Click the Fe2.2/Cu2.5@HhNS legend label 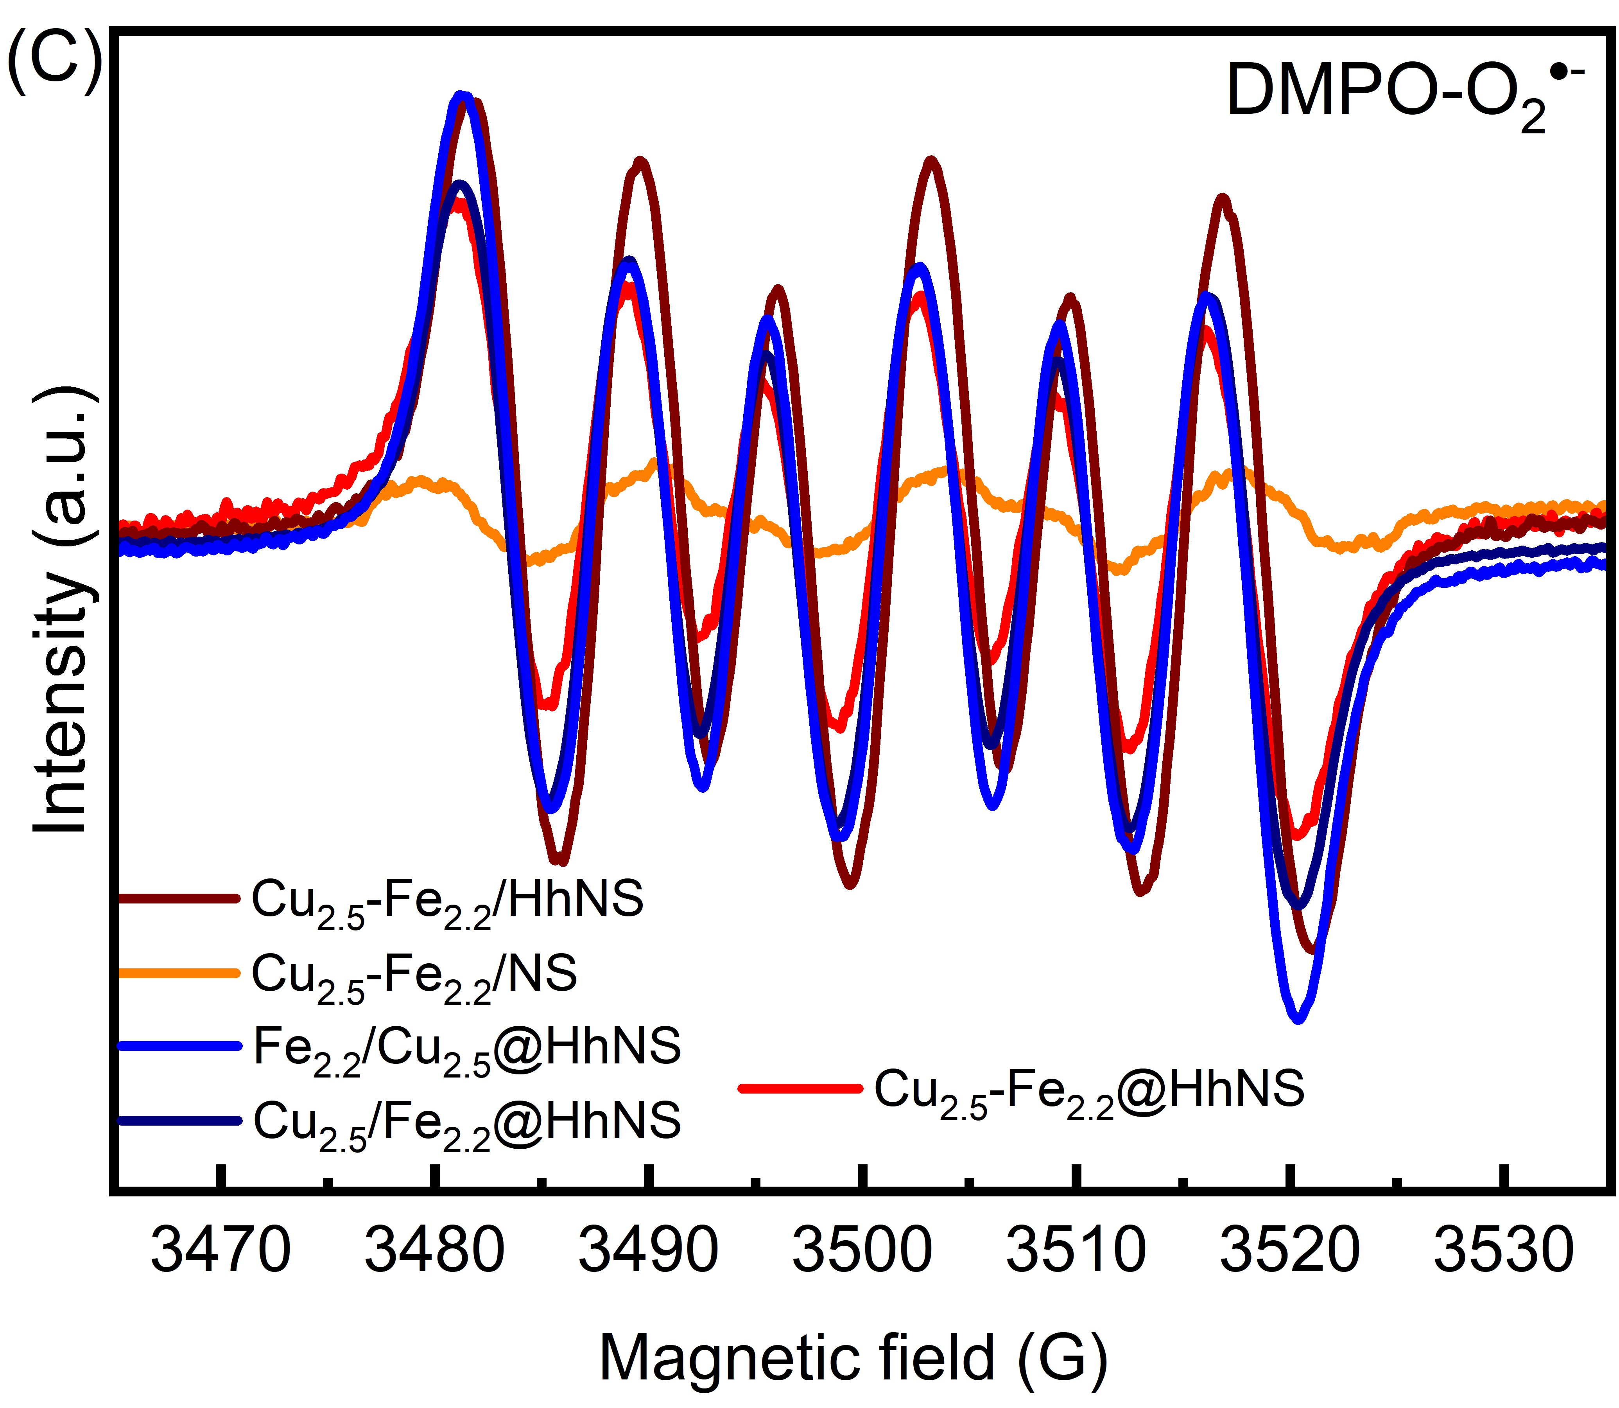click(x=466, y=1051)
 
